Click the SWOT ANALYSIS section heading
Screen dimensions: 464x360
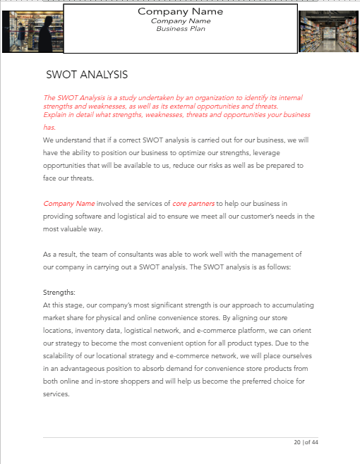(87, 74)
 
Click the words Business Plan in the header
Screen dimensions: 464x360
(180, 29)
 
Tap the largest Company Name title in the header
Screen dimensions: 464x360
(180, 11)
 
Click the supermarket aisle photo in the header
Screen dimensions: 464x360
(328, 32)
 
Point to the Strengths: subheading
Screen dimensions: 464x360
(59, 292)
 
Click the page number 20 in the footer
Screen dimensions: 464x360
(297, 443)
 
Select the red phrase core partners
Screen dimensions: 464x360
(194, 204)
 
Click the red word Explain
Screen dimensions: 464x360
(56, 114)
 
